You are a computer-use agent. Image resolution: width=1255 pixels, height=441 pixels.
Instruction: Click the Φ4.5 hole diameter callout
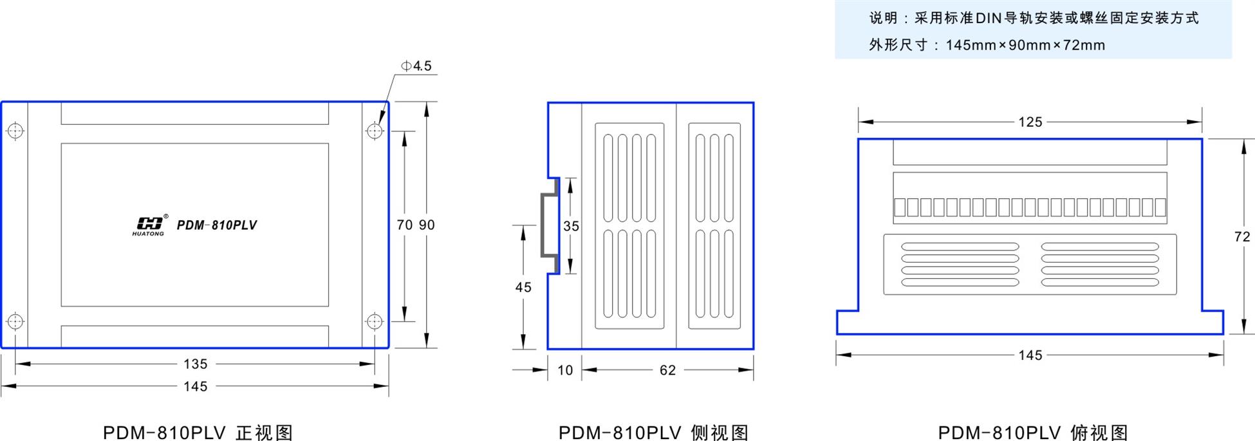coord(416,66)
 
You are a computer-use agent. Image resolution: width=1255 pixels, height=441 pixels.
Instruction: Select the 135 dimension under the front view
coord(195,364)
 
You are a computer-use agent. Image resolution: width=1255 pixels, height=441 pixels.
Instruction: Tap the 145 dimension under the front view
coord(195,386)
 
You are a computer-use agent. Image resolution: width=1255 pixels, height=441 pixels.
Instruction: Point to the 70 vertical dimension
coord(405,225)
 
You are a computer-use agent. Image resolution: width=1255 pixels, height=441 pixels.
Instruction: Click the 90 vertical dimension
coord(427,225)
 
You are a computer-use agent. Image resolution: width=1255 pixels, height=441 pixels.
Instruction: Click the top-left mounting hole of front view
coord(15,131)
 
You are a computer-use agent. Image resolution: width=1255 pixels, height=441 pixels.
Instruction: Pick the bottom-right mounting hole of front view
coord(375,321)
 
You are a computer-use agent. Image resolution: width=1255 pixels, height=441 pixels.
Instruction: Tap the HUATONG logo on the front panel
coord(149,225)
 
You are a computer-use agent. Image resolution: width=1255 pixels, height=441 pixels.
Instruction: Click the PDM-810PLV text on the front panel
coord(217,225)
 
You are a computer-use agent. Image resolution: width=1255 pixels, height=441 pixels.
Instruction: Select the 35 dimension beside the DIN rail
coord(571,226)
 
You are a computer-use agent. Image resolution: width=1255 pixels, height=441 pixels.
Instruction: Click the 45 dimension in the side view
coord(523,287)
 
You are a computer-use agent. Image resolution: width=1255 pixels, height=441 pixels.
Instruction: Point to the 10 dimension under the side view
coord(565,370)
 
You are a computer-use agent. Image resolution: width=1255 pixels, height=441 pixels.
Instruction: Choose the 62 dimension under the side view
coord(667,370)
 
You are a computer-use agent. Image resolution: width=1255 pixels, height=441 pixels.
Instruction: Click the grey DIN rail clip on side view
coord(549,225)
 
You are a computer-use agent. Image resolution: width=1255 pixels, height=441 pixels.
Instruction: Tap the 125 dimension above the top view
coord(1030,122)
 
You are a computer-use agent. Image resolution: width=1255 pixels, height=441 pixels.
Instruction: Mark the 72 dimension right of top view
coord(1242,237)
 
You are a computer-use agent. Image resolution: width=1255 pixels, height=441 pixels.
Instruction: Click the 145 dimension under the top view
coord(1030,355)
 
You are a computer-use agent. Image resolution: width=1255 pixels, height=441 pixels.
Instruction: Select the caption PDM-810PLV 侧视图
coord(654,432)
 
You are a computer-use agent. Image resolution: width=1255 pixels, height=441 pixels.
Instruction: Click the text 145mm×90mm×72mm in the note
coord(1025,45)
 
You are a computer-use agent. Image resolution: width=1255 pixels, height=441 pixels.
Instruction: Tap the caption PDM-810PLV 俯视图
coord(1033,432)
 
